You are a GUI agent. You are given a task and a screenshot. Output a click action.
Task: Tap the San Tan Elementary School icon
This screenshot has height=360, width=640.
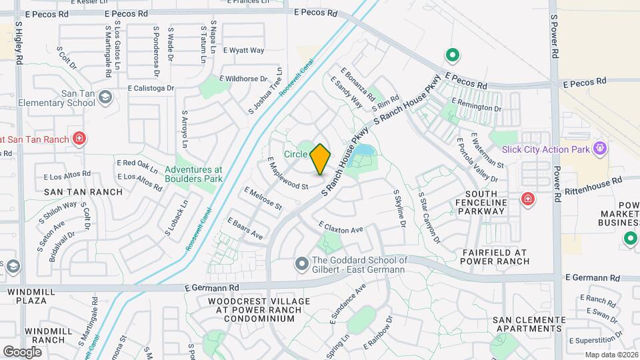(105, 98)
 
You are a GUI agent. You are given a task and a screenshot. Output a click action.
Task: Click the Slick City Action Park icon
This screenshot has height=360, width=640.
(599, 147)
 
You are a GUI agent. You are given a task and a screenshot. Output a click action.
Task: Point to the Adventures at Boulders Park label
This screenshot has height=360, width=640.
(193, 174)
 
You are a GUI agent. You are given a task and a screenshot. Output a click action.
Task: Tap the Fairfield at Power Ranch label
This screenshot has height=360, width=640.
(495, 257)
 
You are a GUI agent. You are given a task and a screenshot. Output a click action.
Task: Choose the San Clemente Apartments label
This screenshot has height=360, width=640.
(529, 324)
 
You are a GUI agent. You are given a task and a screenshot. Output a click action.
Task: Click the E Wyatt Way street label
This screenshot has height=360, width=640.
(243, 50)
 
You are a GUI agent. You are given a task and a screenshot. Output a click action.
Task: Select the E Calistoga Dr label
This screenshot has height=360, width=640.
(151, 87)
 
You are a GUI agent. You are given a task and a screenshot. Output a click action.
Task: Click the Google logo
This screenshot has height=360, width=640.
(22, 351)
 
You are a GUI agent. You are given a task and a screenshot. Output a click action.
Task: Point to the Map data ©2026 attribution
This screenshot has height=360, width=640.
(611, 355)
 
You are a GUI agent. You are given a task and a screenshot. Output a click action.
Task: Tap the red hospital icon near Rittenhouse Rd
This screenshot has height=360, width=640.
(528, 199)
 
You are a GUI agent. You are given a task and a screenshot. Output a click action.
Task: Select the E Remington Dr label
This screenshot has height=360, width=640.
(476, 104)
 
